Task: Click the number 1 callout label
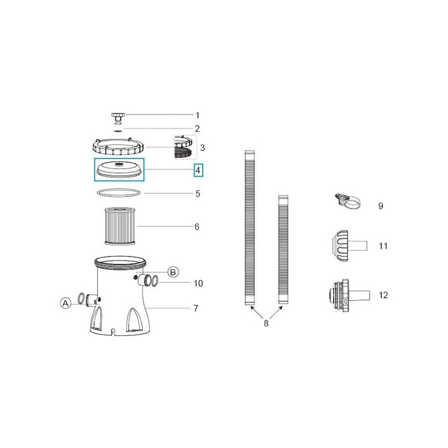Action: coord(197,115)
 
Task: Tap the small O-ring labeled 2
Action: coord(118,130)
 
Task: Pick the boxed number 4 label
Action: coord(198,169)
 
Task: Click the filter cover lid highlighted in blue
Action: coord(119,169)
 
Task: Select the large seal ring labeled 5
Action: coord(119,193)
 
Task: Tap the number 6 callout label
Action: coord(197,227)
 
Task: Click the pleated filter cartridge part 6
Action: coord(119,226)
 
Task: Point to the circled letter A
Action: coord(66,303)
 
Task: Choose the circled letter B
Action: coord(173,272)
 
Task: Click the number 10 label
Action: coord(198,283)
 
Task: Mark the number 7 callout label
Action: coord(196,308)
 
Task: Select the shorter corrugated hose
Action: coord(283,250)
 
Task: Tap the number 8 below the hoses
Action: coord(266,323)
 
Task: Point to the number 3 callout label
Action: coord(202,148)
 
